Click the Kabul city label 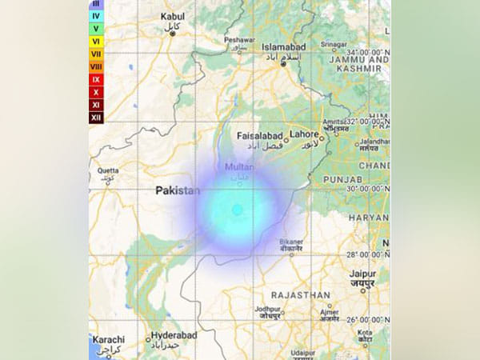[x=172, y=16]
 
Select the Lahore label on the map [x=306, y=134]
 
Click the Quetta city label [x=107, y=170]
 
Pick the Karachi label [x=107, y=339]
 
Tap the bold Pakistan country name [x=177, y=190]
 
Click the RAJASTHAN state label [x=301, y=295]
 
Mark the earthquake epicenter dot [x=237, y=210]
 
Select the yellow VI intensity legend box [x=96, y=41]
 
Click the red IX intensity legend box [x=96, y=80]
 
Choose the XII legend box [x=96, y=118]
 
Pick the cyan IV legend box [x=96, y=15]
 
